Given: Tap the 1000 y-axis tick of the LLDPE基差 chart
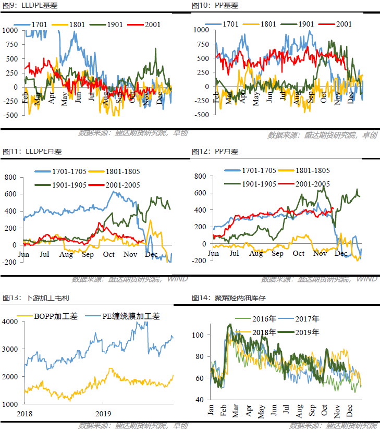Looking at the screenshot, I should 9,30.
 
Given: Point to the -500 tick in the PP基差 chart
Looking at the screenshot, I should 200,115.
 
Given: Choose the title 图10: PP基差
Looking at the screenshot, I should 215,5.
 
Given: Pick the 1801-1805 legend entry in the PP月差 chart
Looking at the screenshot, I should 307,170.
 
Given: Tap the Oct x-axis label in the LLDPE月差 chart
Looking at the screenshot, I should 109,254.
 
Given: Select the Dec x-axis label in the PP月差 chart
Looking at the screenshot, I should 341,253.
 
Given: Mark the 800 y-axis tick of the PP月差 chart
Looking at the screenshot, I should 201,176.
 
